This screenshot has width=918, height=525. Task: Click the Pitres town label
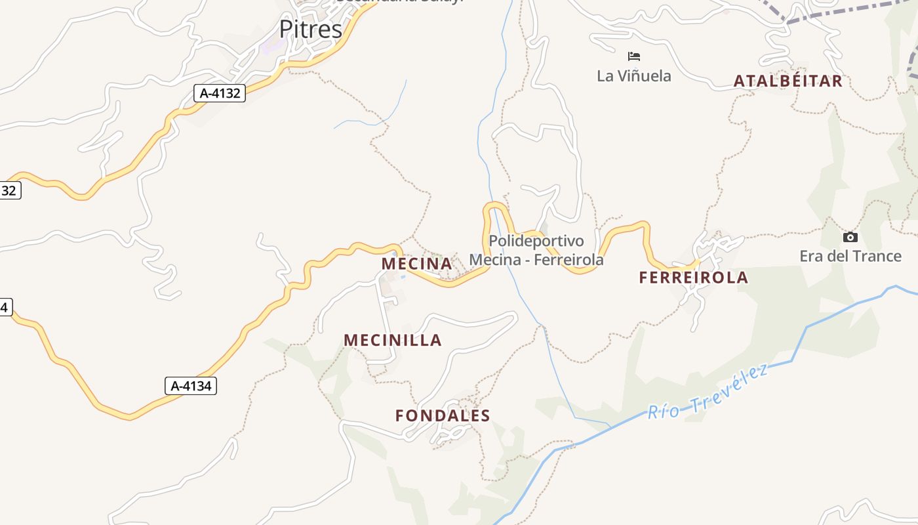[310, 30]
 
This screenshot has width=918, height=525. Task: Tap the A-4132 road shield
[220, 93]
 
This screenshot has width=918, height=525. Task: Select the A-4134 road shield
[191, 386]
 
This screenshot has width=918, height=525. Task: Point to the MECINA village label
[417, 264]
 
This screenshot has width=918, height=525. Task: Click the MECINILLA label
[393, 340]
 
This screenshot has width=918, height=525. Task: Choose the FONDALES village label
[443, 415]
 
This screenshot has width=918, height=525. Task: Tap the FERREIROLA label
[694, 278]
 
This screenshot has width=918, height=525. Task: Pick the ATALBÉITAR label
[788, 81]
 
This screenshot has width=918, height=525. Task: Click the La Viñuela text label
[634, 76]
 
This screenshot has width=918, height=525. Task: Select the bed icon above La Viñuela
[633, 56]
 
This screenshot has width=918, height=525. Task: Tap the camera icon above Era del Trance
[850, 237]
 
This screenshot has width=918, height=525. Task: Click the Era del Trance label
[850, 256]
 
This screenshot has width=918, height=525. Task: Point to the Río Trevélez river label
[708, 392]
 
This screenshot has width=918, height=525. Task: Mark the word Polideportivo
[536, 241]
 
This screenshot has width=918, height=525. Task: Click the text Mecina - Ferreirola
[536, 260]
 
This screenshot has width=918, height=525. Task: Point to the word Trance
[877, 256]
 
